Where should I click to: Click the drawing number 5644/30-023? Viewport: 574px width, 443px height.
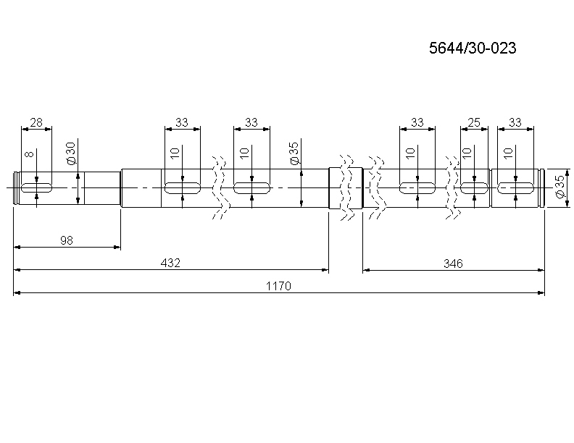(473, 48)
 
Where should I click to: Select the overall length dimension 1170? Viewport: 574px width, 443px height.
(278, 286)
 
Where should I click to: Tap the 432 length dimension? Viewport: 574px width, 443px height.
(170, 263)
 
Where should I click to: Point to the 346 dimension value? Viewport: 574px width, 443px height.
(453, 263)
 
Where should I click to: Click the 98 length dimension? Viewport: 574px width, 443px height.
(67, 240)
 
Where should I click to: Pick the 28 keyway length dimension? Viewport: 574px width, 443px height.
(37, 122)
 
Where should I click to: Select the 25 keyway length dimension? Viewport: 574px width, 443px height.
(475, 122)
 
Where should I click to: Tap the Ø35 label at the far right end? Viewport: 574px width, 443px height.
(560, 187)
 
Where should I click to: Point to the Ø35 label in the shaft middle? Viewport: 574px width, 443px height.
(294, 153)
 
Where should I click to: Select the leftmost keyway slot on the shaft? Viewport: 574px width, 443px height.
(37, 188)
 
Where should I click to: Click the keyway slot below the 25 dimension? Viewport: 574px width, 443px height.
(475, 188)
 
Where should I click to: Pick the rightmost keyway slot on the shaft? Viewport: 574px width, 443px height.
(515, 188)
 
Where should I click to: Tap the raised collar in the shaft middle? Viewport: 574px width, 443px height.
(346, 188)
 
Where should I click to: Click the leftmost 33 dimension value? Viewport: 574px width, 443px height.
(182, 122)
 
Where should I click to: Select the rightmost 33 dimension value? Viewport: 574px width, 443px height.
(515, 122)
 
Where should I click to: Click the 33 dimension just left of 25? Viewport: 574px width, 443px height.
(417, 122)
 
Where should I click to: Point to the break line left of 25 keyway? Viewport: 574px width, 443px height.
(452, 187)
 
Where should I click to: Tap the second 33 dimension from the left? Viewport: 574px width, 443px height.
(251, 122)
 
